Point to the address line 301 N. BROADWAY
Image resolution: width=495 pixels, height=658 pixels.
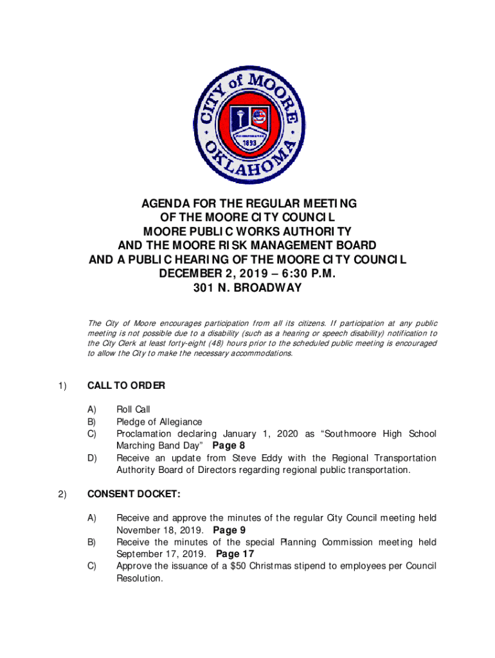click(x=248, y=288)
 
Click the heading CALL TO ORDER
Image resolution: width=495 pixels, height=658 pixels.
click(x=126, y=386)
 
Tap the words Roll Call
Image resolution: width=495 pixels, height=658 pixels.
click(x=133, y=409)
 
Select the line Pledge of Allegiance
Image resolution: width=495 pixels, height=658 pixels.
click(x=159, y=422)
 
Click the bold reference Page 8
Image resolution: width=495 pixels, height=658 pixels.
click(x=228, y=445)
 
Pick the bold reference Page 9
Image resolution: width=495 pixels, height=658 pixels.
click(x=229, y=530)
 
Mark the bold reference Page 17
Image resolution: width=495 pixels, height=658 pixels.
click(x=235, y=554)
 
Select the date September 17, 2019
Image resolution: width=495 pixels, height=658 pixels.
click(x=161, y=554)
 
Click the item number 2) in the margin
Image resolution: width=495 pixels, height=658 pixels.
click(x=62, y=494)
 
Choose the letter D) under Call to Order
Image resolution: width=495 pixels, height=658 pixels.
click(x=93, y=458)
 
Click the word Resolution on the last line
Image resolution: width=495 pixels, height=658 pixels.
click(x=139, y=578)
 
